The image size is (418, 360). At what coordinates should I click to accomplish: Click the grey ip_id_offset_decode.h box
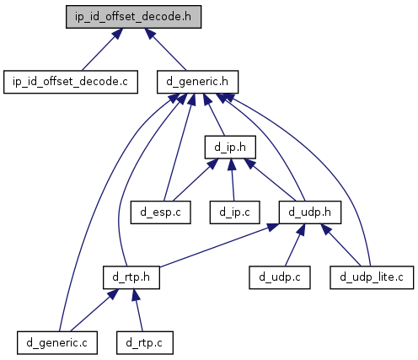(x=133, y=17)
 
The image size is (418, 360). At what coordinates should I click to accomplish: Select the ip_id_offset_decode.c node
(x=71, y=82)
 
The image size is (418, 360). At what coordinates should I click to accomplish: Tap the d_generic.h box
(x=197, y=82)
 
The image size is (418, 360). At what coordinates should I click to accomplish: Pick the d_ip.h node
(x=230, y=147)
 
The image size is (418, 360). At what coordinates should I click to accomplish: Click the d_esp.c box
(x=160, y=212)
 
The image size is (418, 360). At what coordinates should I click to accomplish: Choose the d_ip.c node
(x=234, y=212)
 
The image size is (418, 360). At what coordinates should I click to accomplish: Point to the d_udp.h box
(x=310, y=212)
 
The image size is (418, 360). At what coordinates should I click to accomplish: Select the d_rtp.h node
(x=131, y=277)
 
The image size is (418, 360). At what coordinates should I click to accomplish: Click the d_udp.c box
(x=280, y=277)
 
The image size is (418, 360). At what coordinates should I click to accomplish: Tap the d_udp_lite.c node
(x=372, y=277)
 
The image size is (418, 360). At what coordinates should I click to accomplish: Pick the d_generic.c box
(x=57, y=342)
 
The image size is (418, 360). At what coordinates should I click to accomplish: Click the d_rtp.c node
(x=145, y=342)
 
